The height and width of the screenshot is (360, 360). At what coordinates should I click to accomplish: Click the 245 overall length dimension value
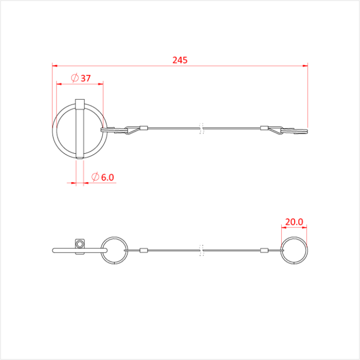180,60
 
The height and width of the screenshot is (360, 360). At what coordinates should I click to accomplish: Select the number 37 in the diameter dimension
85,78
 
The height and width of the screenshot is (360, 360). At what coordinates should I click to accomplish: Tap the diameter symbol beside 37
74,78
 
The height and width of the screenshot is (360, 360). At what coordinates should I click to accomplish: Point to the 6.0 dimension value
107,177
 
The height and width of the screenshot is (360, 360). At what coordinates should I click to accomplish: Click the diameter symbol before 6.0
95,177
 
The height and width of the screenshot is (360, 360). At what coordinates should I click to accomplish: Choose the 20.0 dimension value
294,222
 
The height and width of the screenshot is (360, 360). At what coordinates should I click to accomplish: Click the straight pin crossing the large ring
79,129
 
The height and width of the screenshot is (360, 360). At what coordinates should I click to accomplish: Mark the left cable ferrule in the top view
144,128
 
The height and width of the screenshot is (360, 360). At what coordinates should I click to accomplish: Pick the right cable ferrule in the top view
264,128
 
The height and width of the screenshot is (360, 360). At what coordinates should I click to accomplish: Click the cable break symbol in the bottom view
202,250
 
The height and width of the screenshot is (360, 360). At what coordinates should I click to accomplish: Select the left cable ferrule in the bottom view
144,250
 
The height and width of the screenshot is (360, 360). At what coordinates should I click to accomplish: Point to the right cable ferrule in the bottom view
264,250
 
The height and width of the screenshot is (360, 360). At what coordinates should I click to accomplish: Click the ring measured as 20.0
294,250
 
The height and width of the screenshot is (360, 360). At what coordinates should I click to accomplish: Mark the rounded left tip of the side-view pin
55,250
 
